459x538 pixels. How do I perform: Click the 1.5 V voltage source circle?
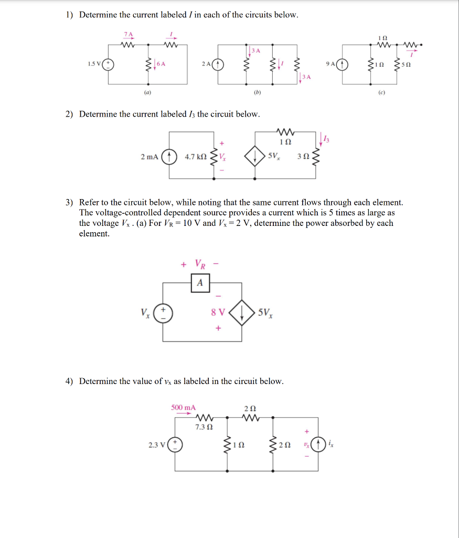click(110, 65)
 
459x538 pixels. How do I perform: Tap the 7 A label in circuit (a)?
click(129, 35)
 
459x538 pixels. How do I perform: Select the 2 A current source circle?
click(217, 65)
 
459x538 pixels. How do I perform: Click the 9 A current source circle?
click(344, 65)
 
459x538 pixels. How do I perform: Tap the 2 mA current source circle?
click(169, 157)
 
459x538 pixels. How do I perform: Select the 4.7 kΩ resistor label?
click(196, 157)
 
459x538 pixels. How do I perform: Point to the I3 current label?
click(326, 139)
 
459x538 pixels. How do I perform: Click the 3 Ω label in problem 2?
click(303, 157)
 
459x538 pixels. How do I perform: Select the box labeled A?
click(199, 283)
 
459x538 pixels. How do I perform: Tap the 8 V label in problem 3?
click(218, 312)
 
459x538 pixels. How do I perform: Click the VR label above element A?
click(200, 263)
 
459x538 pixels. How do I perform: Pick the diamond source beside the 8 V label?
click(242, 313)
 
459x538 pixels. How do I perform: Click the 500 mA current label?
click(184, 407)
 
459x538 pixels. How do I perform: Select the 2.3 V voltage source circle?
click(175, 445)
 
